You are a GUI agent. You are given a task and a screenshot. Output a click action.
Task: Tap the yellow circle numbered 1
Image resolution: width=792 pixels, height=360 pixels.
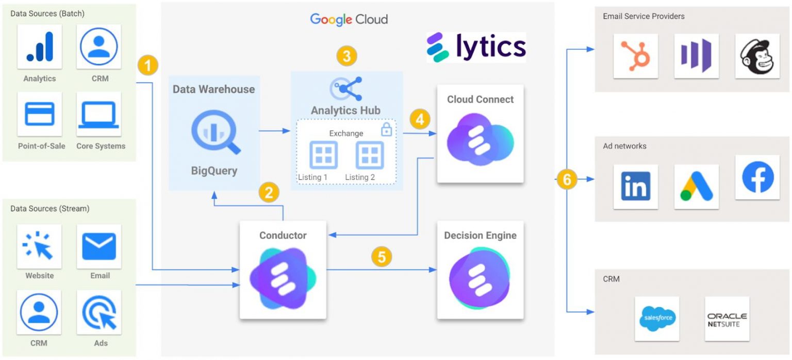pyautogui.click(x=148, y=66)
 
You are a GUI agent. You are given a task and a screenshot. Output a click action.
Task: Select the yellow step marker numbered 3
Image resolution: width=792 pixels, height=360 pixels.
pyautogui.click(x=346, y=56)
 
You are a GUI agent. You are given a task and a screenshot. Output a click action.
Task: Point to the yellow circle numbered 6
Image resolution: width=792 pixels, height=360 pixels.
pyautogui.click(x=567, y=180)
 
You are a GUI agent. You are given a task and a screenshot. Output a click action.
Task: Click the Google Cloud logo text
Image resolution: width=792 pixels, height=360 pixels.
pyautogui.click(x=349, y=20)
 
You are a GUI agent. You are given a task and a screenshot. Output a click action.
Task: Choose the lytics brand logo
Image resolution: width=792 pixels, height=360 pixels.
pyautogui.click(x=476, y=47)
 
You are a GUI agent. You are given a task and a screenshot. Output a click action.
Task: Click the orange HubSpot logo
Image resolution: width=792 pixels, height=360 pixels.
pyautogui.click(x=635, y=56)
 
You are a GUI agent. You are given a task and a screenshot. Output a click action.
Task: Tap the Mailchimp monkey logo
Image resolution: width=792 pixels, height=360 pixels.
pyautogui.click(x=757, y=56)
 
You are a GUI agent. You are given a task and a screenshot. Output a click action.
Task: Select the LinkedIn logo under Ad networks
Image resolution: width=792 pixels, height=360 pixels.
pyautogui.click(x=635, y=186)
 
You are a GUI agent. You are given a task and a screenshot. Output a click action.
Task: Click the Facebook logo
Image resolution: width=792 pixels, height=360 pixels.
pyautogui.click(x=757, y=177)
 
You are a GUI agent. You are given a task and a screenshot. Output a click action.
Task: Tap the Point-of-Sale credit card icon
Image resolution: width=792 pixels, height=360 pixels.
pyautogui.click(x=40, y=114)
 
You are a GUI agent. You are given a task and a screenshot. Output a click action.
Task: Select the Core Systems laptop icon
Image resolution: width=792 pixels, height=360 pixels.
pyautogui.click(x=98, y=114)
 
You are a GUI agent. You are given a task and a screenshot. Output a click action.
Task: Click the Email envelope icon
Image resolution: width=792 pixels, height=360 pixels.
pyautogui.click(x=99, y=246)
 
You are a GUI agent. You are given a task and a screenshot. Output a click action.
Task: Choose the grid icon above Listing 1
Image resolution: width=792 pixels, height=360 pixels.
pyautogui.click(x=323, y=155)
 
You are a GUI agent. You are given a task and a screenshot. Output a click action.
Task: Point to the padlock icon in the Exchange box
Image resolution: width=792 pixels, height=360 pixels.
pyautogui.click(x=386, y=129)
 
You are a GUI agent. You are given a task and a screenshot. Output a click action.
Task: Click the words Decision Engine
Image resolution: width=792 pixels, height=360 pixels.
pyautogui.click(x=480, y=236)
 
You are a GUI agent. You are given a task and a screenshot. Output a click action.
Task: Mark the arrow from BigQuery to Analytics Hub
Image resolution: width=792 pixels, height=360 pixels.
pyautogui.click(x=274, y=131)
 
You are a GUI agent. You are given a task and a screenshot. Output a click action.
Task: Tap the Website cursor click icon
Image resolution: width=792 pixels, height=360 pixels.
pyautogui.click(x=40, y=246)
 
